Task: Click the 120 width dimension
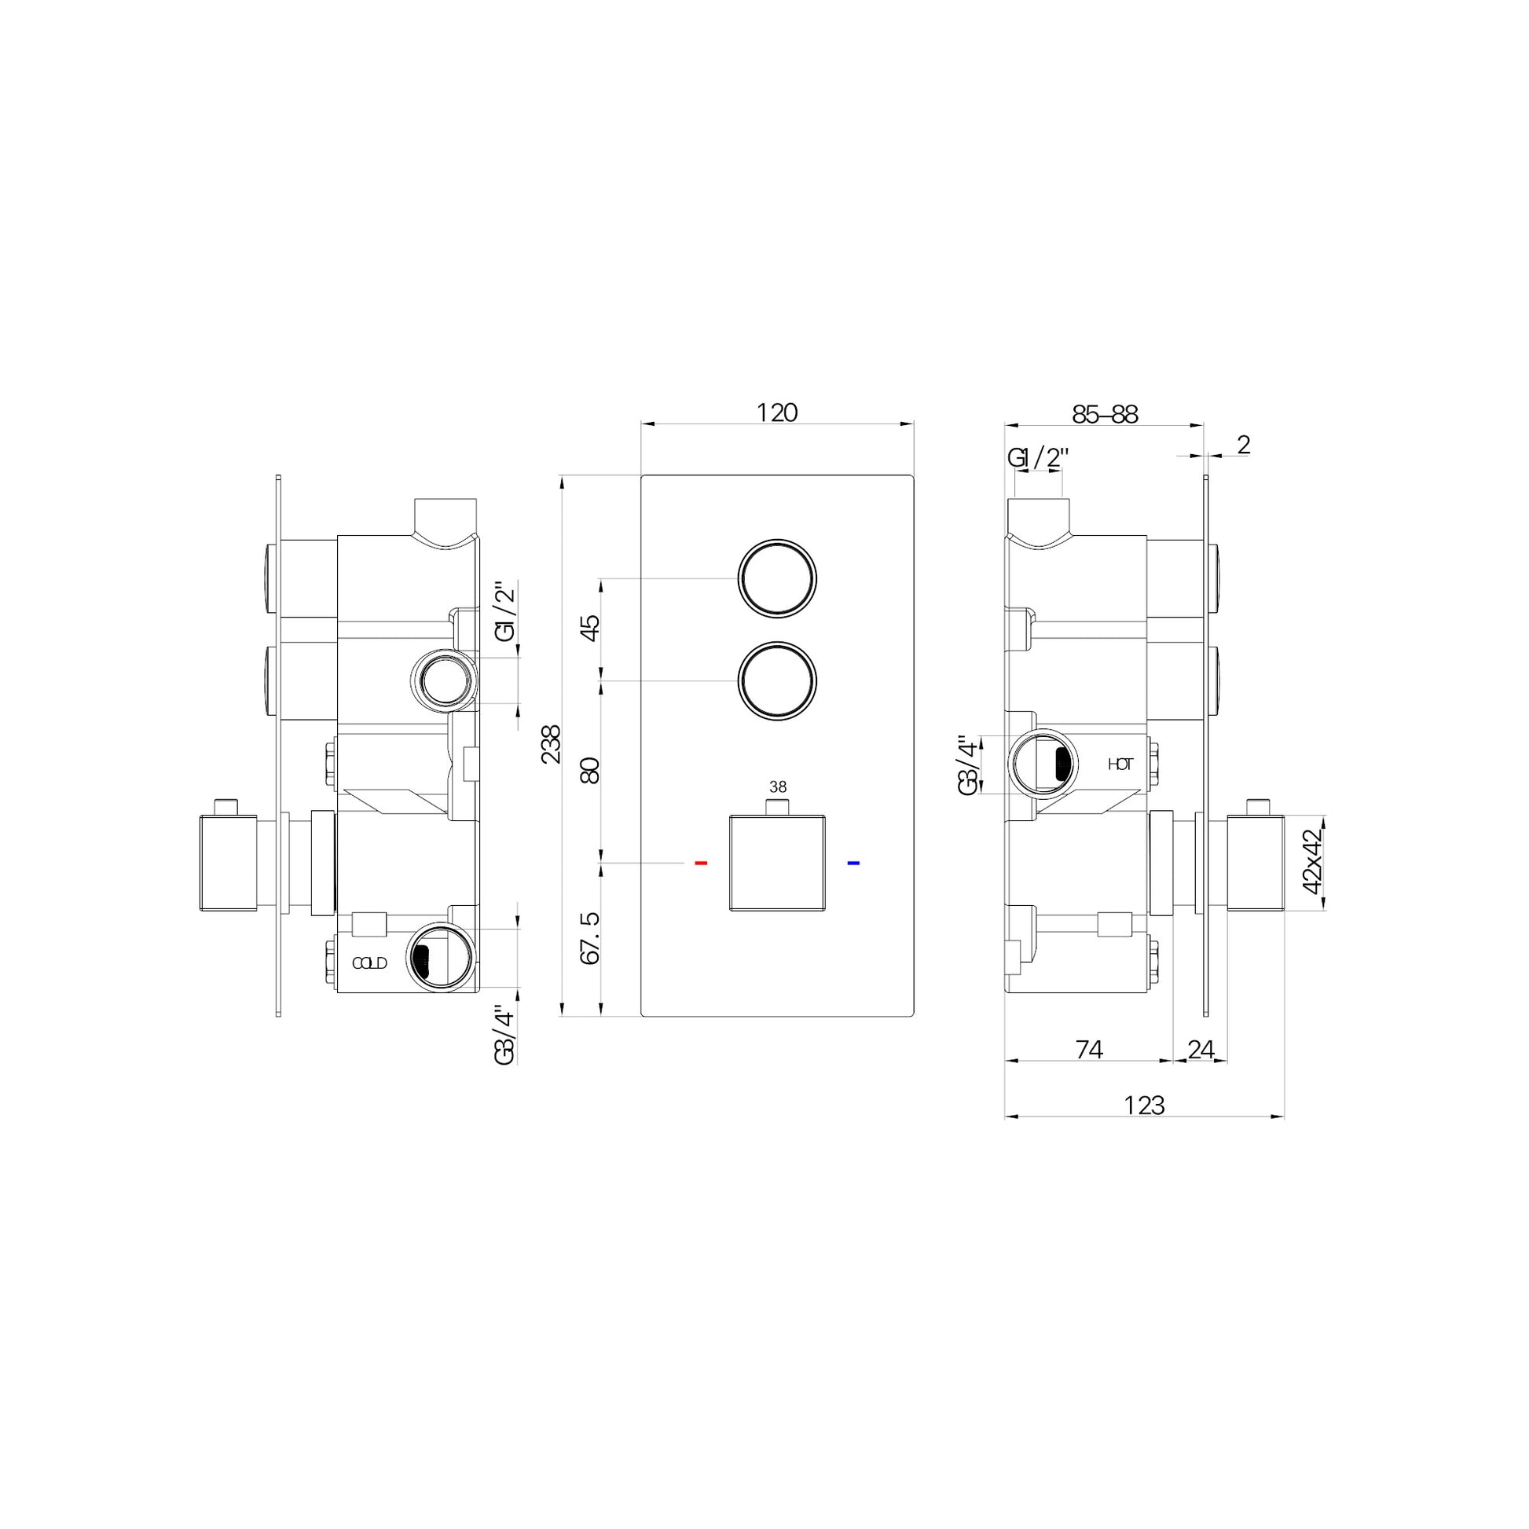(777, 412)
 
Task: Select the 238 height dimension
(551, 744)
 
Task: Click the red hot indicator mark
(700, 863)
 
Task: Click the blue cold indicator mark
(853, 863)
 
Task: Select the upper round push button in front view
(777, 578)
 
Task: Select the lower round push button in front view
(777, 680)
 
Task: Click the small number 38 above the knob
(778, 786)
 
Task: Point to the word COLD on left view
(369, 963)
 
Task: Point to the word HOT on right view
(1120, 764)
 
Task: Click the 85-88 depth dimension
(1105, 414)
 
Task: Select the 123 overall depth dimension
(1144, 1105)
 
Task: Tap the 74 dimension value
(1090, 1050)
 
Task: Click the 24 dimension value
(1201, 1050)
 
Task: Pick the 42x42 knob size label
(1312, 861)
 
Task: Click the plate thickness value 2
(1243, 445)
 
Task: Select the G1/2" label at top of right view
(1039, 457)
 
